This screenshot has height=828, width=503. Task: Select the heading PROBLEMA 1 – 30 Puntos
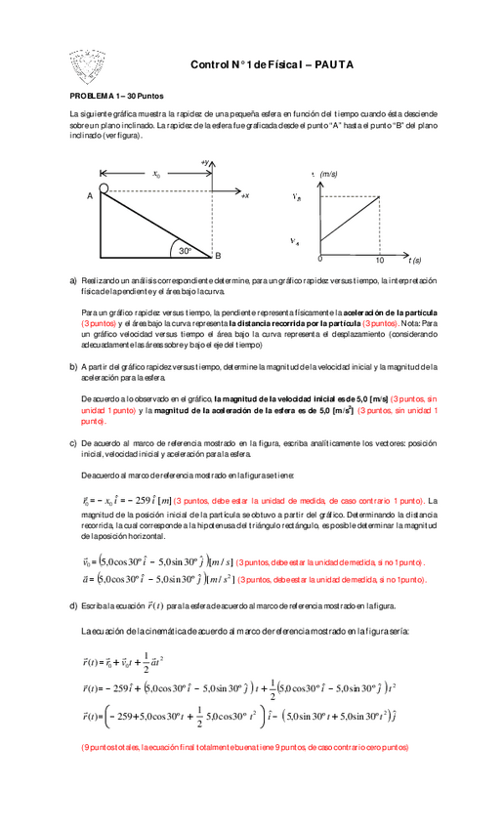coord(115,98)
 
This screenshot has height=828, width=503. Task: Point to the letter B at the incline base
coord(219,256)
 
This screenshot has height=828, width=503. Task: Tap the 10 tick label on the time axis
coord(380,262)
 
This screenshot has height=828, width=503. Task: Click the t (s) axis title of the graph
coord(414,261)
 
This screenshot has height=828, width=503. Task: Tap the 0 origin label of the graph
coord(319,261)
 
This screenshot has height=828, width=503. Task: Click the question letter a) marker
coord(73,280)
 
